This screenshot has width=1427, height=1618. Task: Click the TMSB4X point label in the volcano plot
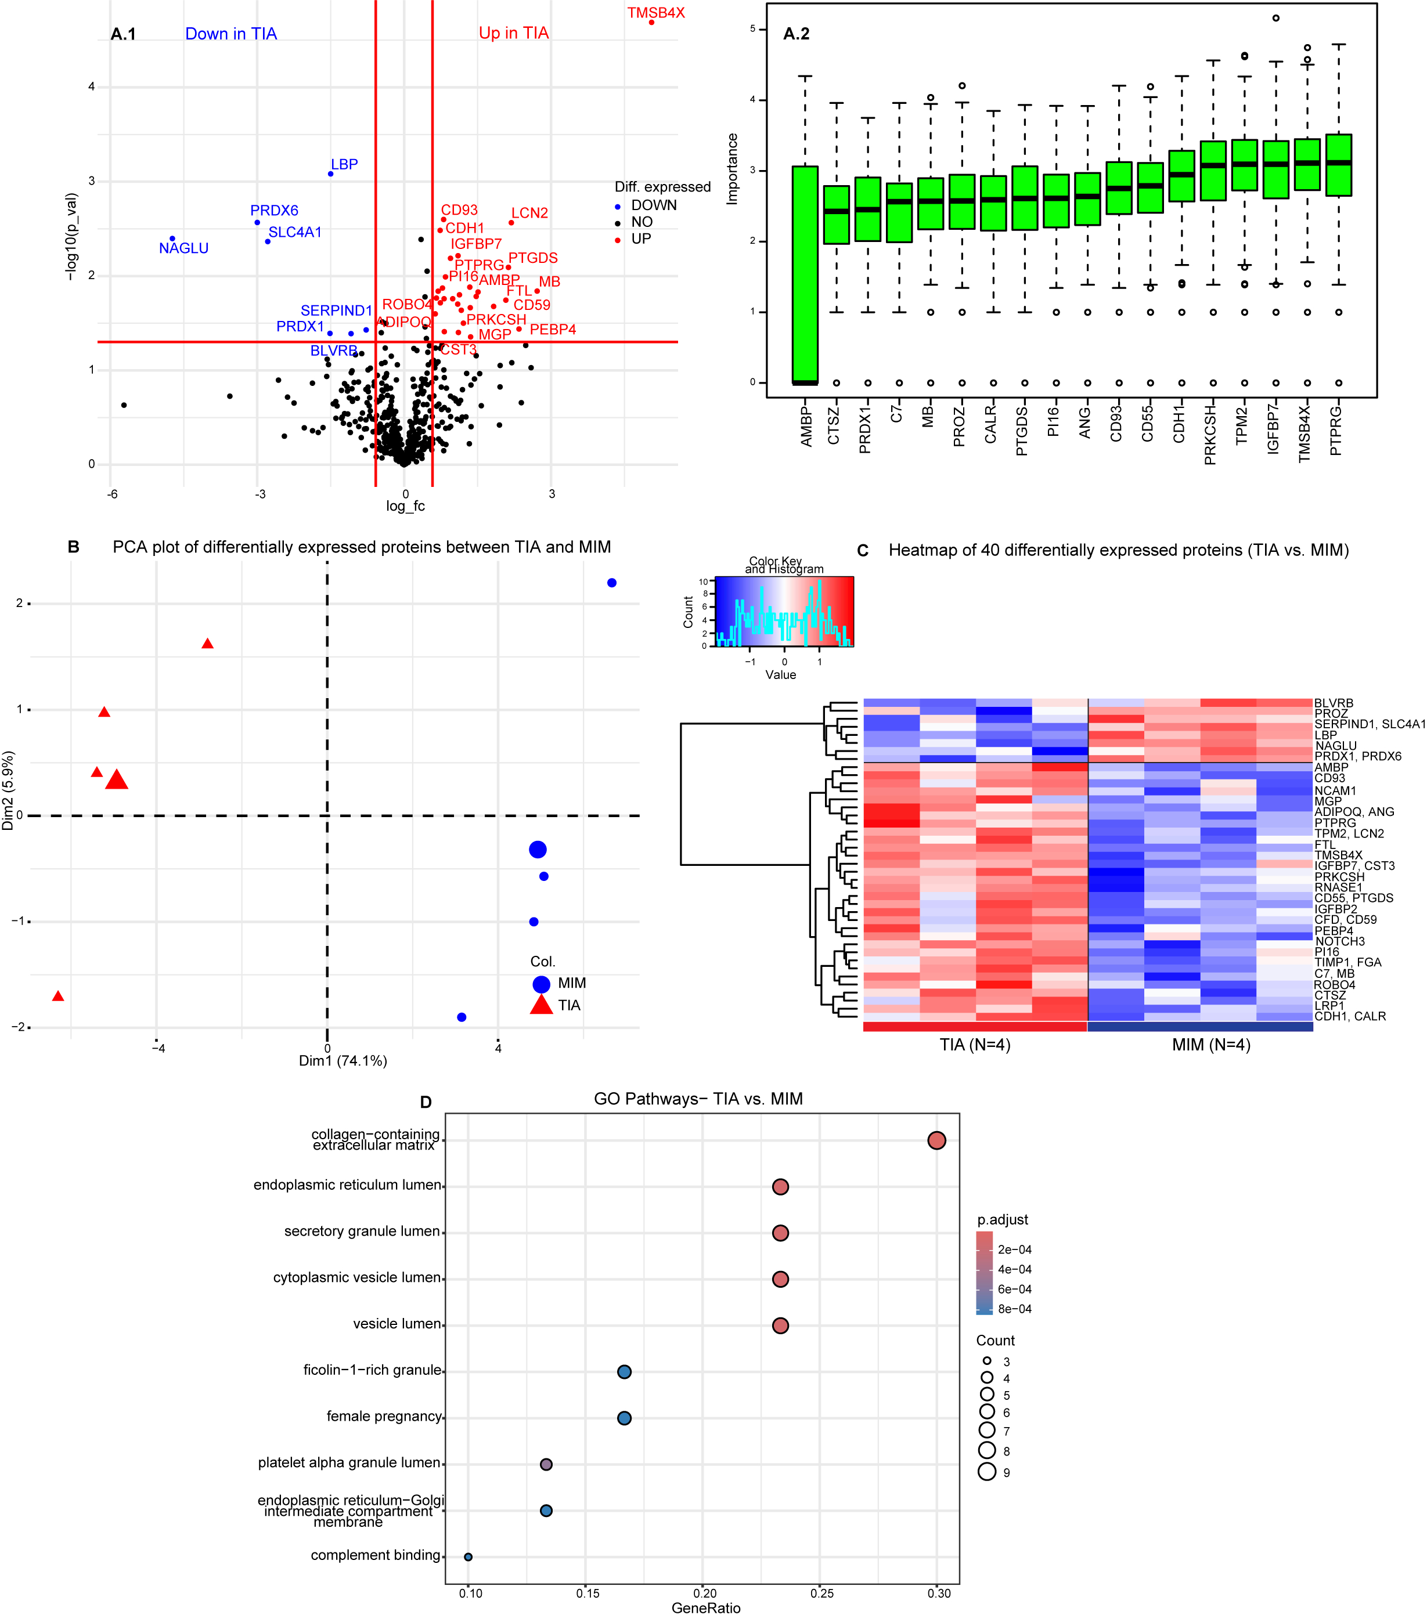click(655, 13)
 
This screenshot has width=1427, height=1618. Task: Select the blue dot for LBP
click(330, 174)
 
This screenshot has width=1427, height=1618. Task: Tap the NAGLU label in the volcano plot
click(183, 248)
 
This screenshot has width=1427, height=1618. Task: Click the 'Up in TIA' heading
click(513, 33)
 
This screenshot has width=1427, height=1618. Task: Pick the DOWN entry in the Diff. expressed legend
click(653, 205)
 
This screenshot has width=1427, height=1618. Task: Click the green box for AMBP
click(805, 275)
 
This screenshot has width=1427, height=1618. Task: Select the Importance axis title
click(733, 169)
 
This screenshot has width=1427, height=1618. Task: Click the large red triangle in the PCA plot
click(117, 780)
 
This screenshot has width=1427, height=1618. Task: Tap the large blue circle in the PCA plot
click(537, 850)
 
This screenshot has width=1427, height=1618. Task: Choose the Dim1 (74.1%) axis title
click(343, 1061)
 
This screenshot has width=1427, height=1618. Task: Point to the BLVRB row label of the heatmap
click(1333, 703)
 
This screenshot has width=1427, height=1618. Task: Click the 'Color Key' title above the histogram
click(775, 561)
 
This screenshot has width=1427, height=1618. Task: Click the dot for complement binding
click(468, 1556)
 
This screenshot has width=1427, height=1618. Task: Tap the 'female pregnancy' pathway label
click(384, 1416)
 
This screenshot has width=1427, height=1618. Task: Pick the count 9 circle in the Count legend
click(987, 1472)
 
